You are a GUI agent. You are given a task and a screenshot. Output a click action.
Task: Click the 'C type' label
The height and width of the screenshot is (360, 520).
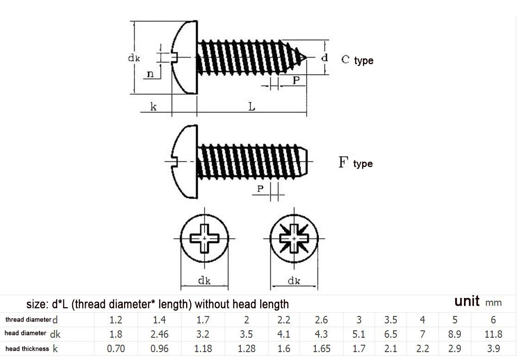coord(357,60)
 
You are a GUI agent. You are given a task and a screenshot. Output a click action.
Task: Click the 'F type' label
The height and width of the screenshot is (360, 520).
coord(356,163)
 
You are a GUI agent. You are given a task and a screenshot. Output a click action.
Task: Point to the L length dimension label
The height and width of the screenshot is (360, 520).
coord(251,107)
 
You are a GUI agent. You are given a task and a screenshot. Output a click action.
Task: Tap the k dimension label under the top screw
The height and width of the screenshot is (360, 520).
coord(153,107)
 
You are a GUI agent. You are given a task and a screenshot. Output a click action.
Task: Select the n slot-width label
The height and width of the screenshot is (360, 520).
coord(150,74)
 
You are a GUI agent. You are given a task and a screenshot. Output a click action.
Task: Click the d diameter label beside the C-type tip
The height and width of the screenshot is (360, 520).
coord(325,58)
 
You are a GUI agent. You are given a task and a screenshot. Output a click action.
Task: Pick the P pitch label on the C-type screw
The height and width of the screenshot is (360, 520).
coord(296,80)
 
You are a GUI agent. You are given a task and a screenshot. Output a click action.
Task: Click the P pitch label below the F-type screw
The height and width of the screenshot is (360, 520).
coord(260,189)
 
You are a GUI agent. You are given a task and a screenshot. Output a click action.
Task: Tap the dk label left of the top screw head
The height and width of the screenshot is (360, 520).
coord(134,58)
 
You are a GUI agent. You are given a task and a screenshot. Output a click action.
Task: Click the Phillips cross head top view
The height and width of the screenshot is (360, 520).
coord(204,238)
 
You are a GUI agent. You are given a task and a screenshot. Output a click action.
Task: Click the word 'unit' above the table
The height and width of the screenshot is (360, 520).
coord(467,301)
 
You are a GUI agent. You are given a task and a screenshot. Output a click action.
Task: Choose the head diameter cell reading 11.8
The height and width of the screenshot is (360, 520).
coord(493,334)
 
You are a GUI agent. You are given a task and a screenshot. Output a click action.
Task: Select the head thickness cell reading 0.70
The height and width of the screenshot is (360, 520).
coord(116,348)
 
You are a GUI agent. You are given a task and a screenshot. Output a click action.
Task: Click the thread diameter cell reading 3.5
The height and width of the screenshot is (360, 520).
coord(390,320)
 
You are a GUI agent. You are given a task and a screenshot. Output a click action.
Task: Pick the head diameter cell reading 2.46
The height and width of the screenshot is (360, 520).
coord(159,334)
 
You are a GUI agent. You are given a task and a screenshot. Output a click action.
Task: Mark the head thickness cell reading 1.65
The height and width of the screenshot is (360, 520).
coord(321,348)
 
